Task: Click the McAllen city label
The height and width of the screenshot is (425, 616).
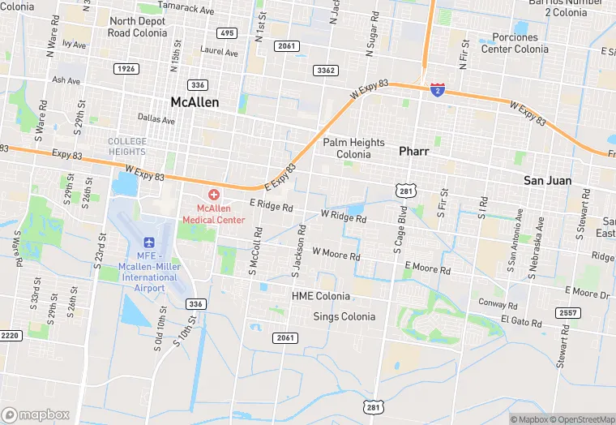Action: pyautogui.click(x=195, y=102)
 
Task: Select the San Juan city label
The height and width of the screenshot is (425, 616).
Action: pyautogui.click(x=547, y=180)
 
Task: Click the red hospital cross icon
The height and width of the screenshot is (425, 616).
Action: pyautogui.click(x=214, y=195)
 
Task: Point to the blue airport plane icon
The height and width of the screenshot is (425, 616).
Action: pyautogui.click(x=149, y=243)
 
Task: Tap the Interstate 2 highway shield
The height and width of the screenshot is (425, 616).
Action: pyautogui.click(x=437, y=89)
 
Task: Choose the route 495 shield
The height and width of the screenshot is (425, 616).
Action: pyautogui.click(x=227, y=33)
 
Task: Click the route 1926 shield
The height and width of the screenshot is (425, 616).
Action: pyautogui.click(x=126, y=69)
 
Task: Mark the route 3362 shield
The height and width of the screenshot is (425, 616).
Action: pyautogui.click(x=327, y=71)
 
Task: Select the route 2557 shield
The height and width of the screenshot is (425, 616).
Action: pyautogui.click(x=568, y=313)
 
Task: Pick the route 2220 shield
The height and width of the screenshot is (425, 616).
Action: pyautogui.click(x=10, y=335)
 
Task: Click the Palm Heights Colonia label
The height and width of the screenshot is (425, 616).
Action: pyautogui.click(x=353, y=148)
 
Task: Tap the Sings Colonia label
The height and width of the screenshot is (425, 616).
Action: pyautogui.click(x=344, y=316)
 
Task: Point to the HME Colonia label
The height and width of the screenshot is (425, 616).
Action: pyautogui.click(x=321, y=297)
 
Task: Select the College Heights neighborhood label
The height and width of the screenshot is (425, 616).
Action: pyautogui.click(x=127, y=147)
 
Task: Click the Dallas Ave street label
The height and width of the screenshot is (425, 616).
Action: pyautogui.click(x=156, y=119)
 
